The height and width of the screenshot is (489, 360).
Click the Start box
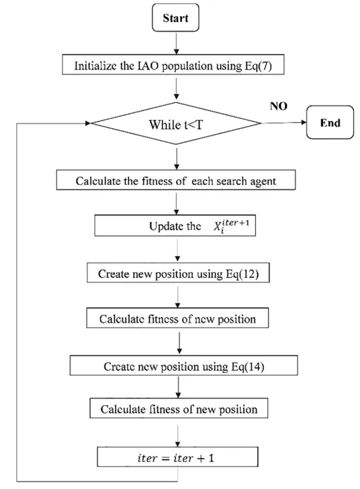[175, 18]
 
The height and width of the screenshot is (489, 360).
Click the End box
[330, 122]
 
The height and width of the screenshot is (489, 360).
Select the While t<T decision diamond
[176, 123]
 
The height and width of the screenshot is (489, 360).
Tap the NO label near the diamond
[279, 106]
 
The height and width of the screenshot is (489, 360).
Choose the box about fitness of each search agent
[176, 180]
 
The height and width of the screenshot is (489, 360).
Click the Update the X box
[175, 225]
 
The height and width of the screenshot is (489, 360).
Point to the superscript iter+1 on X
[236, 222]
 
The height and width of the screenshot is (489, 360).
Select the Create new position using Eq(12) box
[178, 273]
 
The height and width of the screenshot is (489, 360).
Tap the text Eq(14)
[248, 366]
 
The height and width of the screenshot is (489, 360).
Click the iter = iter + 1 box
[178, 457]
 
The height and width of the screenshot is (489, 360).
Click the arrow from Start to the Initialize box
[177, 43]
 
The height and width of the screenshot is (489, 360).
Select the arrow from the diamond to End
[284, 123]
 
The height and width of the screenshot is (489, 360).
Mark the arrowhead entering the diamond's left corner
[88, 123]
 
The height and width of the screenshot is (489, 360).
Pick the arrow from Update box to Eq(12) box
[178, 249]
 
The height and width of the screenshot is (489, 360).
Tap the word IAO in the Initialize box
[148, 66]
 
